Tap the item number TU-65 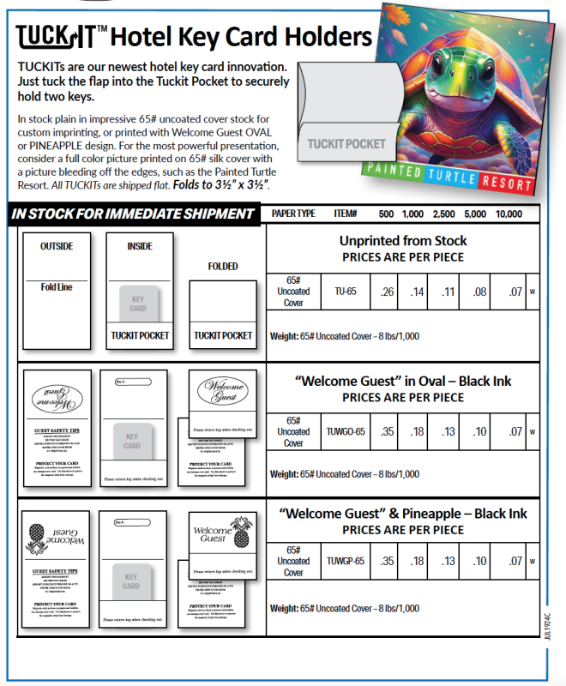(345, 292)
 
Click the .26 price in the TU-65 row (387, 292)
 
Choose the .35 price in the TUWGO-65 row (387, 431)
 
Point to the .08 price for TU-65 (478, 292)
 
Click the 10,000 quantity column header (509, 214)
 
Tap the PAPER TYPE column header (293, 214)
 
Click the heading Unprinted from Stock (402, 241)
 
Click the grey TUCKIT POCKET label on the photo (346, 144)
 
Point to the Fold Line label (57, 287)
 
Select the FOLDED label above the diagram (223, 267)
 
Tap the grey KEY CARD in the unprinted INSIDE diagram (138, 304)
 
